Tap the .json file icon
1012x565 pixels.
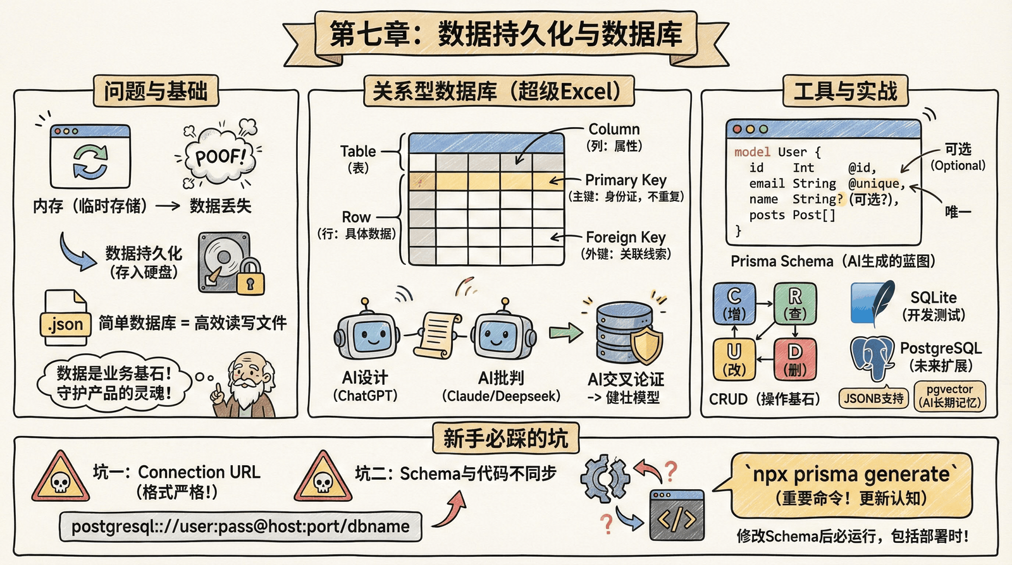(x=65, y=319)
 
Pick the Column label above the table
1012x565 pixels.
(x=614, y=130)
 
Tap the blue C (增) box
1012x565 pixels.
(x=734, y=303)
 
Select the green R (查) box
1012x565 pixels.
(x=794, y=303)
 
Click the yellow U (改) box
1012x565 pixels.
(x=734, y=359)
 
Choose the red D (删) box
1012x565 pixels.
(x=794, y=359)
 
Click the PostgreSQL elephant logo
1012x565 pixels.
(x=873, y=357)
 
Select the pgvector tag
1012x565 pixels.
(x=949, y=396)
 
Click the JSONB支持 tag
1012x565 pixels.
(x=873, y=399)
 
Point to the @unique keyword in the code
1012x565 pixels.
(x=875, y=184)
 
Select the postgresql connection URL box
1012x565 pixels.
(x=240, y=526)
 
